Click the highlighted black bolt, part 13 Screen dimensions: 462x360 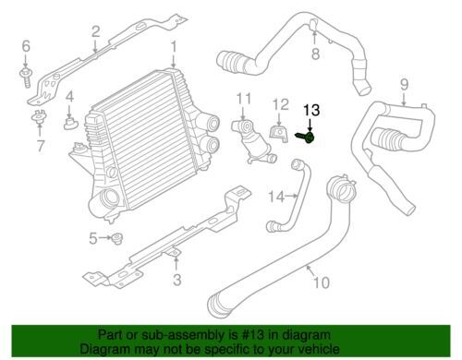tap(306, 137)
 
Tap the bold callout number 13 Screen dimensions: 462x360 tap(311, 111)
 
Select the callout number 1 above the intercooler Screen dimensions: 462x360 tap(174, 47)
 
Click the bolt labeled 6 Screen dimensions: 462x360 tap(26, 78)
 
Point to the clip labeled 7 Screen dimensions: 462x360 tap(38, 116)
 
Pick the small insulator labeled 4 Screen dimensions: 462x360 tap(70, 123)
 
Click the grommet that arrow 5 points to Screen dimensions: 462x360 tap(117, 238)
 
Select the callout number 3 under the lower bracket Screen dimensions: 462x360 tap(176, 280)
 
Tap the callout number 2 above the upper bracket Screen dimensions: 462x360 tap(96, 31)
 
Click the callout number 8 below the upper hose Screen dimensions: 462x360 tap(316, 54)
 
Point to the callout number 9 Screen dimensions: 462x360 tap(404, 85)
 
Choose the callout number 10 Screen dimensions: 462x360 tap(322, 282)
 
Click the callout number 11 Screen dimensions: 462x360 tap(244, 99)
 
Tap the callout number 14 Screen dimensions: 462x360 tap(276, 197)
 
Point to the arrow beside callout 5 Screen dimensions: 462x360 tap(104, 238)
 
